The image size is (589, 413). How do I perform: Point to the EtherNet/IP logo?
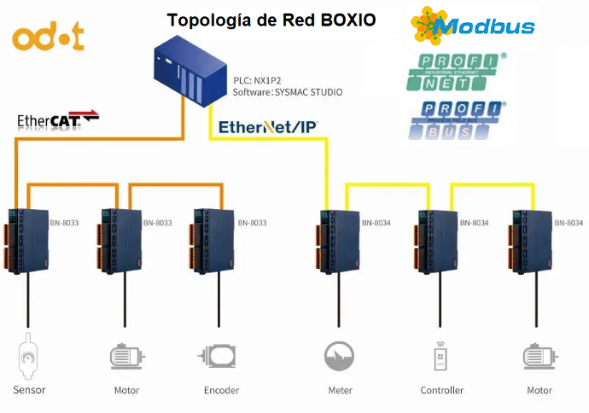[268, 127]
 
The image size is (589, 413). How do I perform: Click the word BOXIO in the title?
[345, 20]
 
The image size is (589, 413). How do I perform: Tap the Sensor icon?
[29, 358]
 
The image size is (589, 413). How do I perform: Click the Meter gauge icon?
[340, 355]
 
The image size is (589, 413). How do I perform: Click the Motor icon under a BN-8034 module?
[539, 356]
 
